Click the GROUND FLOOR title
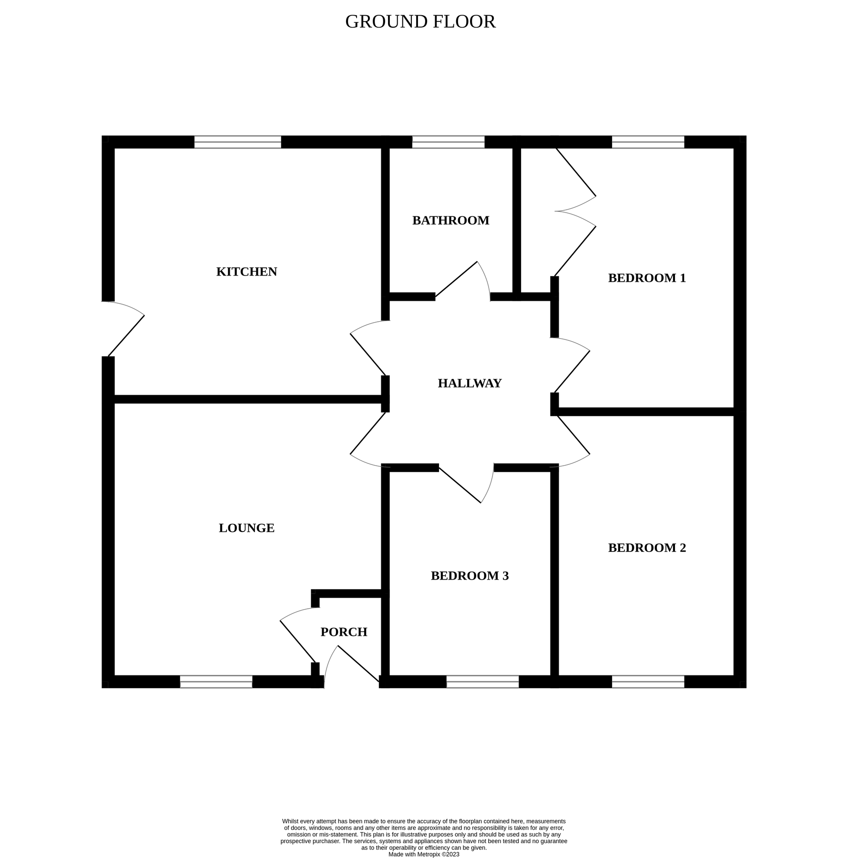coord(420,22)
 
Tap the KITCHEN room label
coord(246,272)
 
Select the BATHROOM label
coord(450,221)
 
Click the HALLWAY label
coord(470,383)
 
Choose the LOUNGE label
coord(246,528)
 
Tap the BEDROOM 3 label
coord(470,576)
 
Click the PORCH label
coord(344,632)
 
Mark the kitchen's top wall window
coord(237,142)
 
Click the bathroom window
coord(448,142)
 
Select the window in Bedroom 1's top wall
coord(648,142)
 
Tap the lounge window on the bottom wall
coord(216,682)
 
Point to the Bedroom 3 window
coord(482,682)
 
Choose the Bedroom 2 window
coord(648,682)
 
